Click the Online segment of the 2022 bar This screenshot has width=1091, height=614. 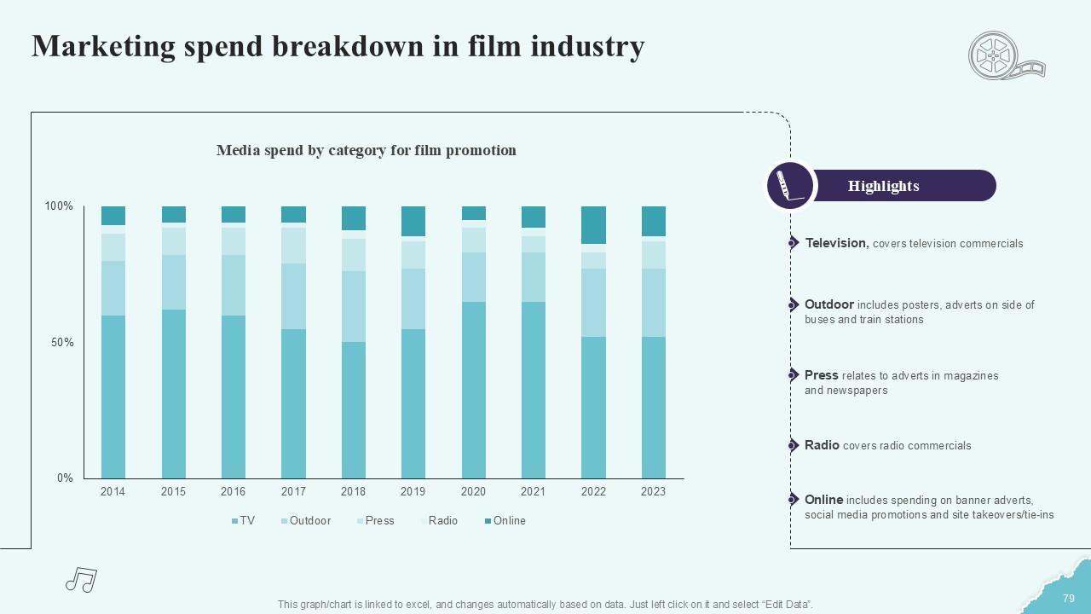tap(593, 225)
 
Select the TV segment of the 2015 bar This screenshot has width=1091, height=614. tap(173, 393)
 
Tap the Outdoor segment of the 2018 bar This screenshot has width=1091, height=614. tap(353, 306)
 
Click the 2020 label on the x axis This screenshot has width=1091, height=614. tap(473, 492)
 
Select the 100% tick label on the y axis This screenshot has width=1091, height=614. tap(59, 206)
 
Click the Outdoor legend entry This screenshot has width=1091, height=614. tap(309, 521)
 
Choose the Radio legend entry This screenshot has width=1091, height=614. tap(442, 521)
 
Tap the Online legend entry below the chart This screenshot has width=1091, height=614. tap(509, 521)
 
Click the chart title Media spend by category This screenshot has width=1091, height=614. tap(366, 151)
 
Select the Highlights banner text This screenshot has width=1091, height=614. tap(883, 186)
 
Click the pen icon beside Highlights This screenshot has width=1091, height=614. tap(789, 186)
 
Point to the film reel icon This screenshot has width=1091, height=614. tap(1003, 56)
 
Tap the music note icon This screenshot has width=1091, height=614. tap(81, 580)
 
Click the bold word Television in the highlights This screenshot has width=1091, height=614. tap(836, 243)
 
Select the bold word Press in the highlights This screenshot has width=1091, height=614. tap(821, 375)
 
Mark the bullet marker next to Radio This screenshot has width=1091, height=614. tap(792, 445)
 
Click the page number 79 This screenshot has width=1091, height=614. tap(1069, 599)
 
